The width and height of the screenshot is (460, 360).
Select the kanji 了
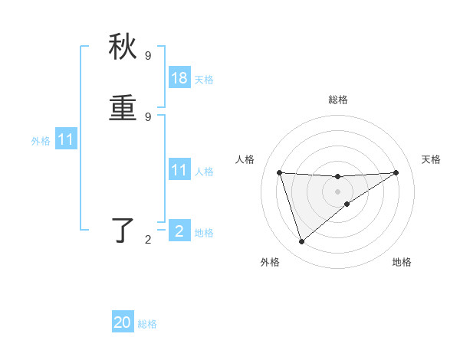123,231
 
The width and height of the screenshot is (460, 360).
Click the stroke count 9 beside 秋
148,55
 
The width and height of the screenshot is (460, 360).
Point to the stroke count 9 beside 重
148,116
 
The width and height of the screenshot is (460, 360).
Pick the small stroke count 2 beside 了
148,240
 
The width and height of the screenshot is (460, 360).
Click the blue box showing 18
179,78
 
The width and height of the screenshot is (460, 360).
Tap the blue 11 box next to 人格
179,170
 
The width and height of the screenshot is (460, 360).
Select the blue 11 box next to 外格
66,139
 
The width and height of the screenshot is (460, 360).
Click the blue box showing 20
123,322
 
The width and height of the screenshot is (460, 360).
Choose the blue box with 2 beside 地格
179,231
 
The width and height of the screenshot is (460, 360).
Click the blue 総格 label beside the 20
147,324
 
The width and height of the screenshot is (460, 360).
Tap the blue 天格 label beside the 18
204,80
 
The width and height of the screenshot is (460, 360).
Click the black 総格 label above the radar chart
338,100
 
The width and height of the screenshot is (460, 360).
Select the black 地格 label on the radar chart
402,262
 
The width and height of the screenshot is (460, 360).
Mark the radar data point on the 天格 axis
396,172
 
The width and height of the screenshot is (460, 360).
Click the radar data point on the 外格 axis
302,242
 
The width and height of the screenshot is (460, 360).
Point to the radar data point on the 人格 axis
280,172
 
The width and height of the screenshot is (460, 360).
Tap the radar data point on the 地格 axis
347,204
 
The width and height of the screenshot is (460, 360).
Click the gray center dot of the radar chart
338,191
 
